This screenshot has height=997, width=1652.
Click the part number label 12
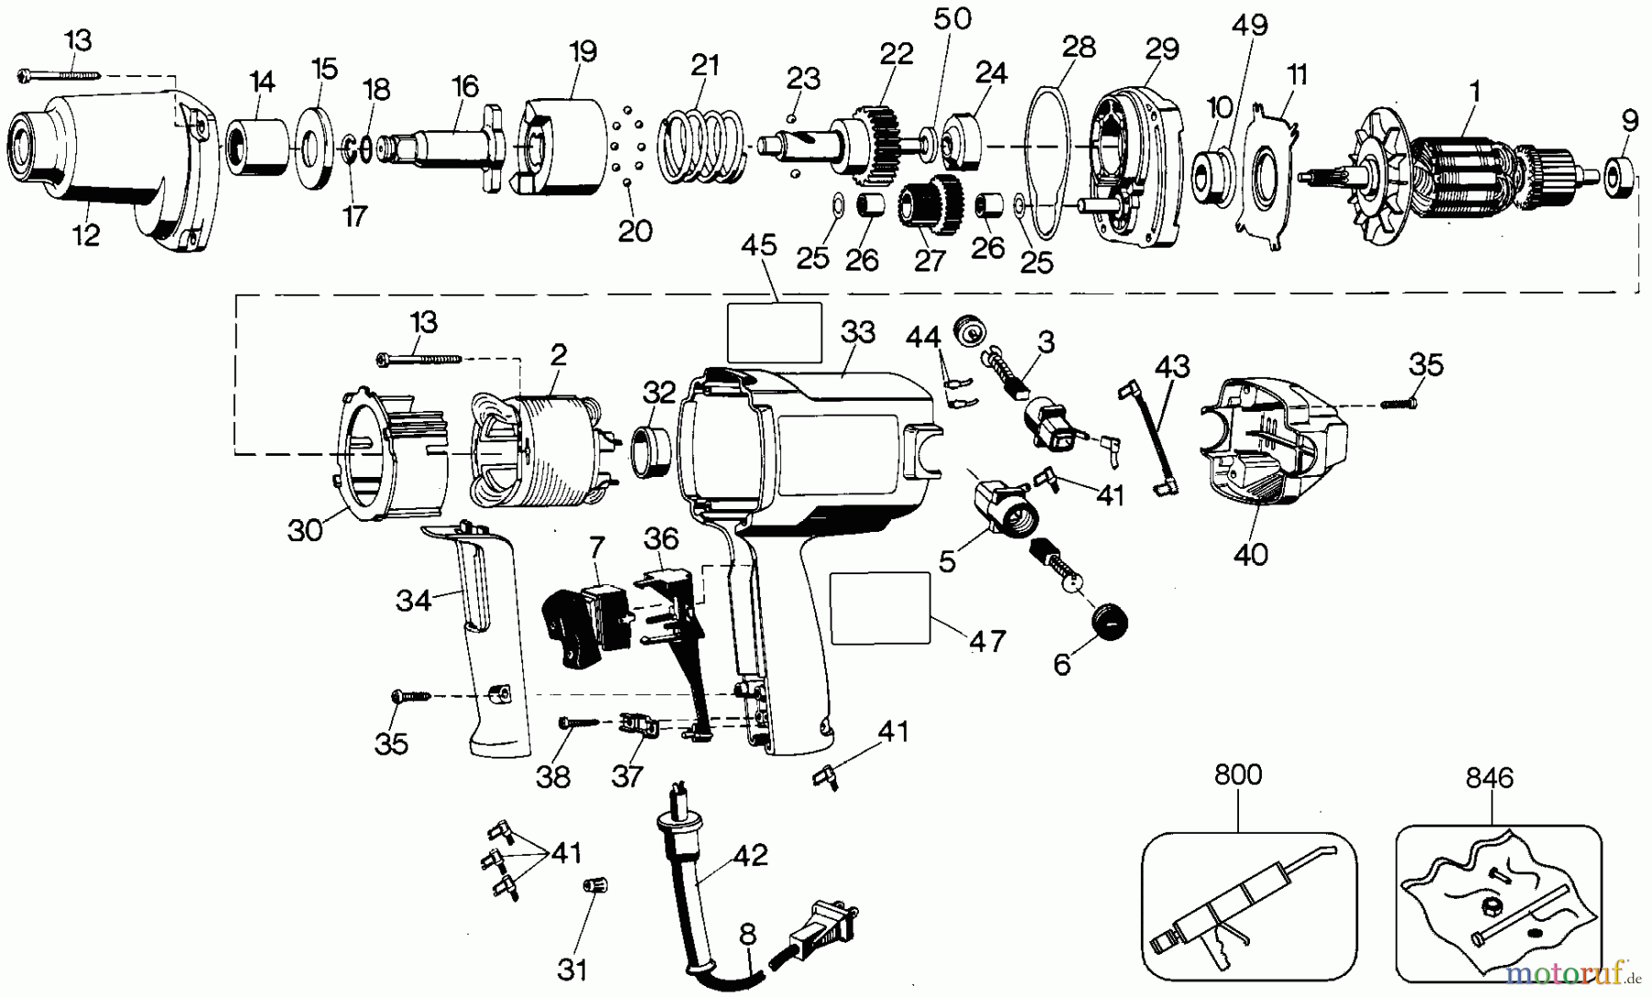tap(85, 235)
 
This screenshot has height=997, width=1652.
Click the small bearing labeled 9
tap(1622, 173)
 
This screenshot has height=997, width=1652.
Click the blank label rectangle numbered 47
tap(880, 607)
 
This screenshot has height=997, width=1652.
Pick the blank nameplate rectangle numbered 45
tap(774, 332)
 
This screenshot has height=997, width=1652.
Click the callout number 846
tap(1489, 779)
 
